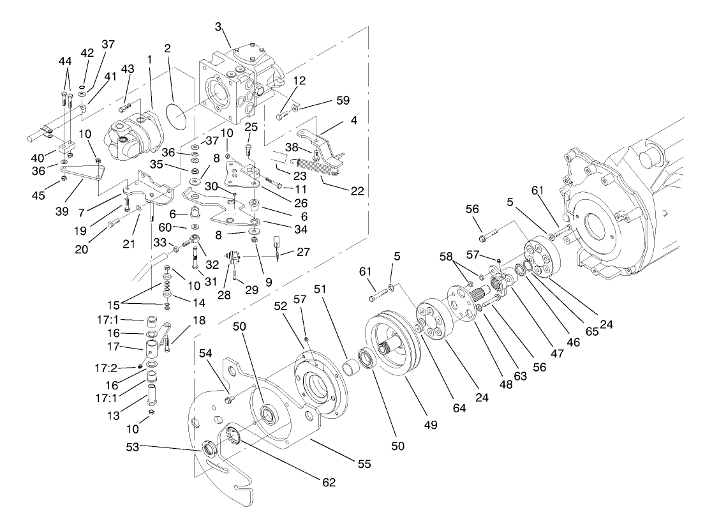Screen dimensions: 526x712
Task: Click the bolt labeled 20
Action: coord(113,223)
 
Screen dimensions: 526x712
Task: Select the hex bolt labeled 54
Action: coord(229,400)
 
